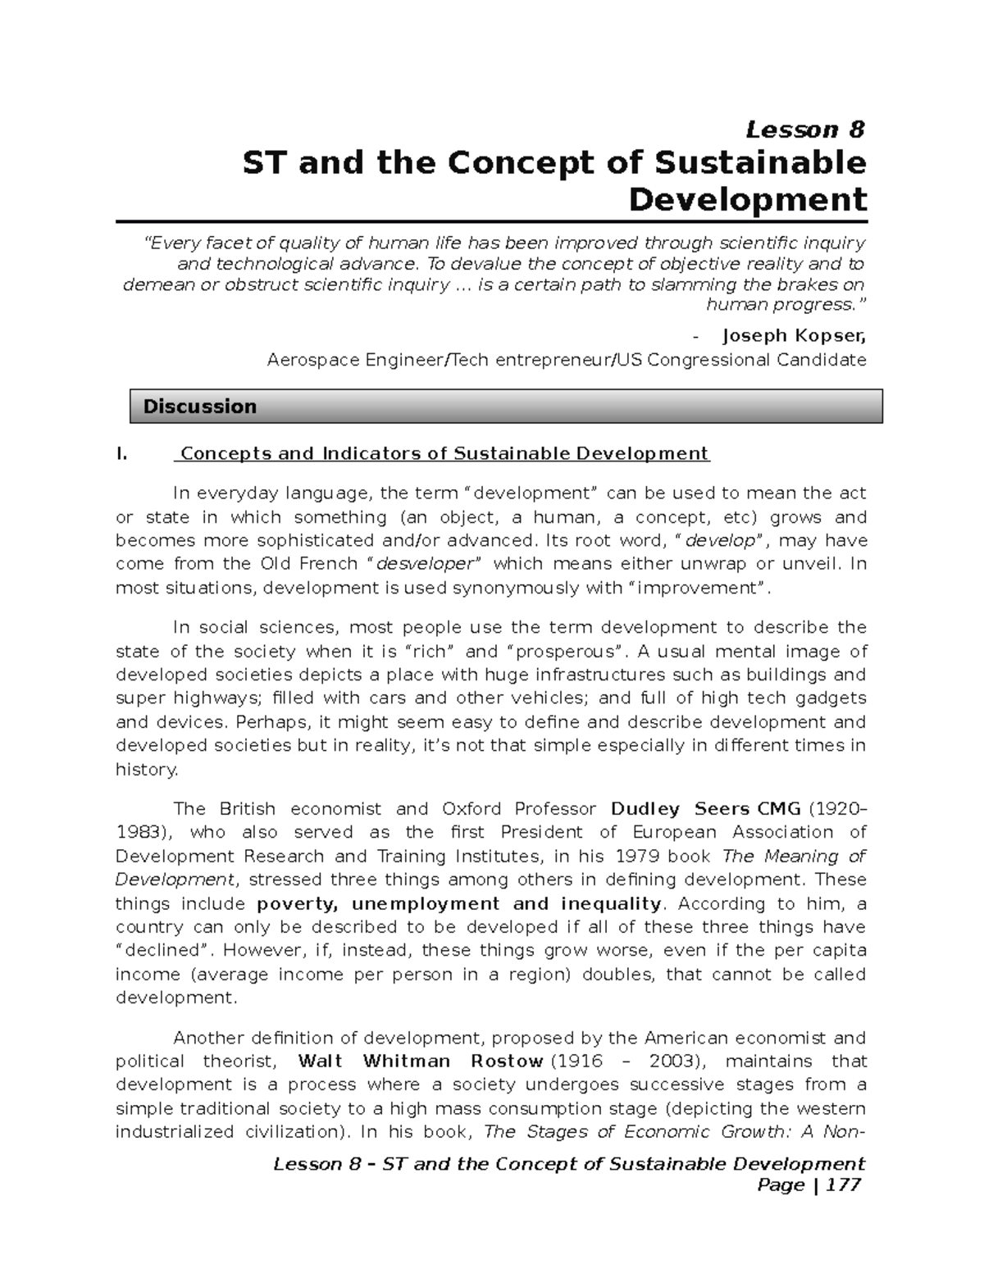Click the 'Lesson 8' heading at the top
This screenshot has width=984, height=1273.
pyautogui.click(x=804, y=130)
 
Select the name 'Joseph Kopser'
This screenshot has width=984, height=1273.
pyautogui.click(x=793, y=335)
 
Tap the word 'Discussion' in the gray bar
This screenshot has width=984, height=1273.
pyautogui.click(x=199, y=407)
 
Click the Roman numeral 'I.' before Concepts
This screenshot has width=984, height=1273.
pyautogui.click(x=122, y=454)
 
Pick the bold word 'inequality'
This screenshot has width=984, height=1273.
pyautogui.click(x=610, y=903)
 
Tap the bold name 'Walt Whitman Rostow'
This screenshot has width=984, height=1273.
pyautogui.click(x=420, y=1062)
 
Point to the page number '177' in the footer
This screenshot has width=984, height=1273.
pyautogui.click(x=845, y=1184)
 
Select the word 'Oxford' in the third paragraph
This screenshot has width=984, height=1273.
pyautogui.click(x=471, y=809)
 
